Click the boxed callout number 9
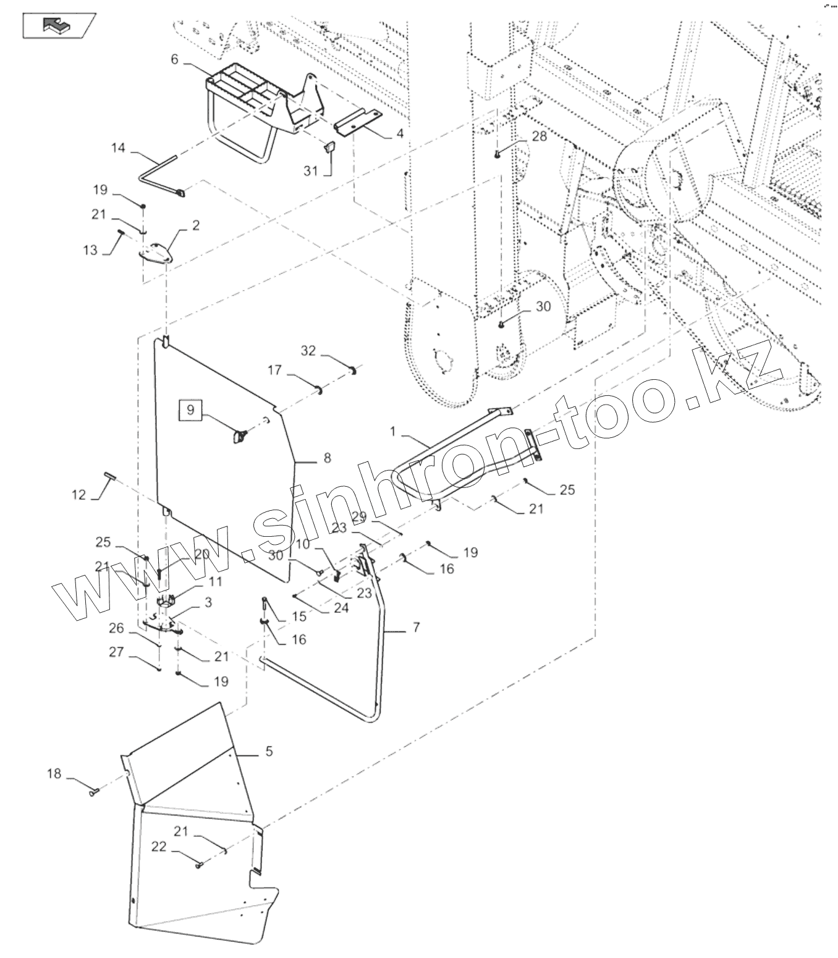click(x=190, y=410)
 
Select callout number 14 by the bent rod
click(x=118, y=148)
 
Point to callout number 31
click(x=311, y=171)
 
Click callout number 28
click(x=540, y=136)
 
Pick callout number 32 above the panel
click(x=308, y=351)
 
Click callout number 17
click(x=275, y=370)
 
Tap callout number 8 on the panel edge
click(x=327, y=458)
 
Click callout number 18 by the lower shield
click(x=54, y=773)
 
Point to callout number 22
click(x=159, y=847)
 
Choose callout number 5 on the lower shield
click(x=269, y=752)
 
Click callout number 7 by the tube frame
click(x=416, y=628)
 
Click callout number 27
click(x=117, y=652)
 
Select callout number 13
click(x=90, y=250)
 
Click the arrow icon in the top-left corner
click(x=59, y=25)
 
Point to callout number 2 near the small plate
click(x=196, y=225)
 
